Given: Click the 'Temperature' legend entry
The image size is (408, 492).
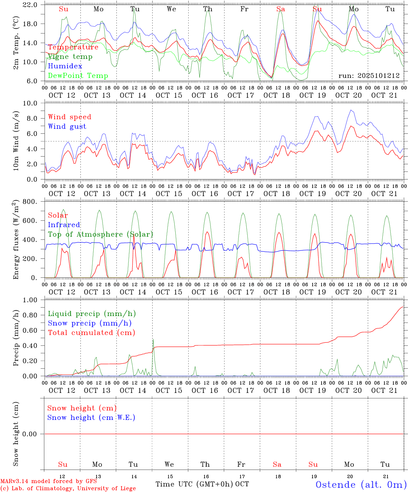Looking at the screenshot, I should point(73,47).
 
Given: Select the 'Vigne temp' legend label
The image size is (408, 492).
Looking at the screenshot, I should point(70,57).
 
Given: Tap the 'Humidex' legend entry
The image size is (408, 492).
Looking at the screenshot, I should point(65,66).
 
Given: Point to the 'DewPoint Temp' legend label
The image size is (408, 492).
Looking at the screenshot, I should point(78,76).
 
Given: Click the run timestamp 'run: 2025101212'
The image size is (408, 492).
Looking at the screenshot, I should point(369,76).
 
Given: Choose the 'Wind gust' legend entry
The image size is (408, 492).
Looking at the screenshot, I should point(67,126).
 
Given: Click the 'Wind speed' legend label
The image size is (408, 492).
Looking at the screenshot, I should point(69,117).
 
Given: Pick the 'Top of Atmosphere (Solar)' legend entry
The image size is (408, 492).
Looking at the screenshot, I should point(100,234).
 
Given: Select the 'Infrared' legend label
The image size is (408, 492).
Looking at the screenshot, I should point(64,225).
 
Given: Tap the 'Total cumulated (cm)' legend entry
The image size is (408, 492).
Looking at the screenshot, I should point(91,333).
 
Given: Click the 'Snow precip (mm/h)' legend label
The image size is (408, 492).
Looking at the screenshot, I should point(90,323).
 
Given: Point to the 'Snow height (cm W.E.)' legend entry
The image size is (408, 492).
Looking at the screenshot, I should point(91,418).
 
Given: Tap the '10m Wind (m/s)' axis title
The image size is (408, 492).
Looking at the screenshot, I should point(16,141).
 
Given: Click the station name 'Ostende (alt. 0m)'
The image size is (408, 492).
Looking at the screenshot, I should point(361,484).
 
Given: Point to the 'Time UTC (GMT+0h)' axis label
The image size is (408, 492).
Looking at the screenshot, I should point(194,484).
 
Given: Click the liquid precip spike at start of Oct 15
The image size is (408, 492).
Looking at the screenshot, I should point(153,340).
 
